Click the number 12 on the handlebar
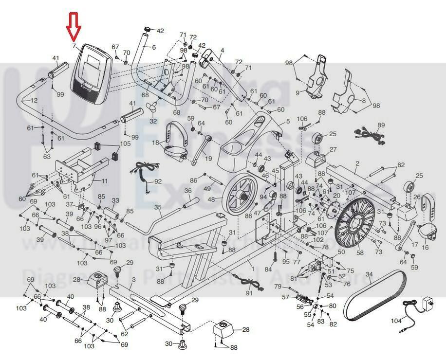pyautogui.click(x=34, y=100)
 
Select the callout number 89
pyautogui.click(x=381, y=126)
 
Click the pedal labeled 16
pyautogui.click(x=428, y=231)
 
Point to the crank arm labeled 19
pyautogui.click(x=200, y=152)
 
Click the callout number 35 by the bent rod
pyautogui.click(x=158, y=208)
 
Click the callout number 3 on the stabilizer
pyautogui.click(x=134, y=279)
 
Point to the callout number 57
pyautogui.click(x=286, y=297)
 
